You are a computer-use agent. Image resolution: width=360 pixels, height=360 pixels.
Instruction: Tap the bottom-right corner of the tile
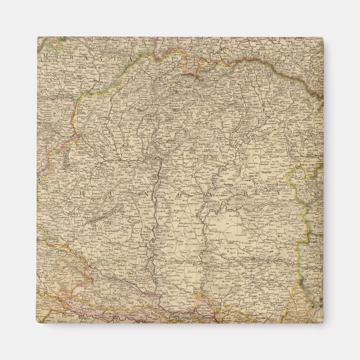323,323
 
